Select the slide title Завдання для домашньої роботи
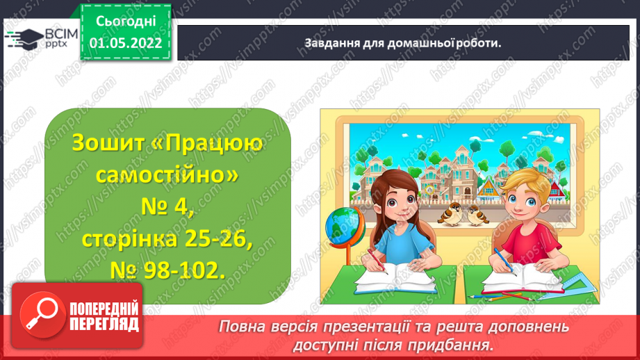(x=402, y=42)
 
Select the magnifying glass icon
(x=40, y=316)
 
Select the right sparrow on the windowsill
(x=477, y=215)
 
